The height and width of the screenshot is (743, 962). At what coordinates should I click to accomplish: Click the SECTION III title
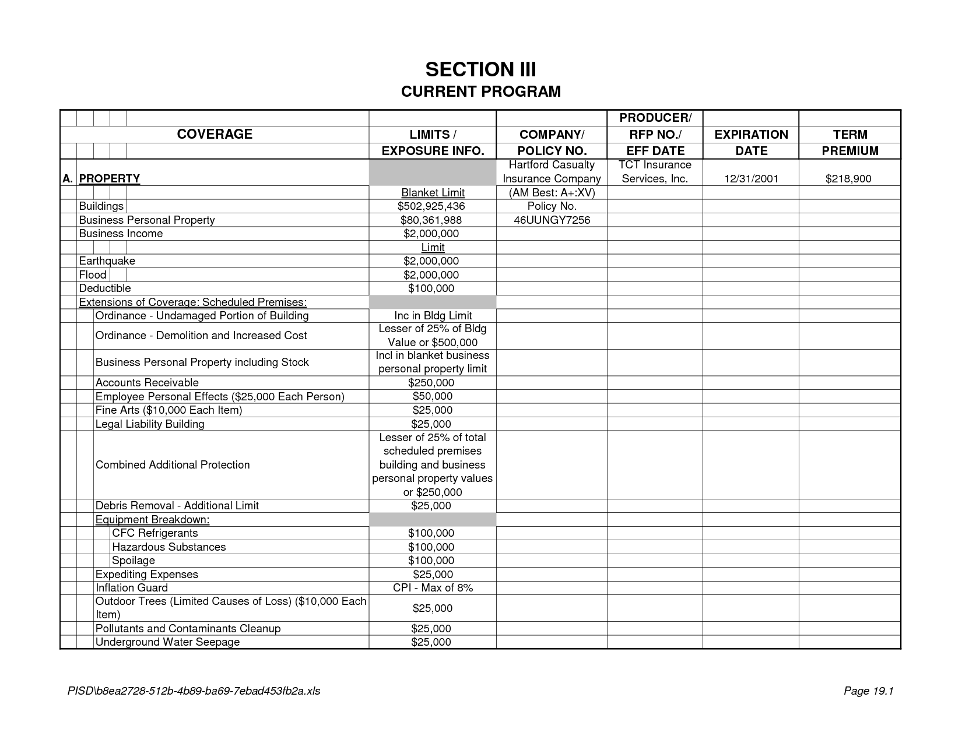coord(480,70)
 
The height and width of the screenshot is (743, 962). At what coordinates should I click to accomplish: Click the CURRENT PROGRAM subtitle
coord(480,91)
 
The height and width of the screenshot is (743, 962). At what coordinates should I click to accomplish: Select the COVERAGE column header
coord(215,134)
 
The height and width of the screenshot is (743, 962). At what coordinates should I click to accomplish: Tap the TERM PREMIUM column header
coord(849,142)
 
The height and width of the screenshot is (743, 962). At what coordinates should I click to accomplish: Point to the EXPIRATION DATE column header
coord(751,142)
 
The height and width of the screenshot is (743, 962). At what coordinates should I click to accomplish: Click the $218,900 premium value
coord(848,179)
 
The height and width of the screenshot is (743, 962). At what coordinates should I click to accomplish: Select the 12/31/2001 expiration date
coord(751,179)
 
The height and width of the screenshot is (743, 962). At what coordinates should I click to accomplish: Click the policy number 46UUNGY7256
coord(552,220)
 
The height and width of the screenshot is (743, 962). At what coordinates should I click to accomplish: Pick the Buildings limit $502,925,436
coord(431,206)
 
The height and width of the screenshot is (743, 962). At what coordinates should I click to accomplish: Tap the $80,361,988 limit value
coord(431,220)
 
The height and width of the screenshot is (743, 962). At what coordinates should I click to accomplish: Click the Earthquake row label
coord(107,261)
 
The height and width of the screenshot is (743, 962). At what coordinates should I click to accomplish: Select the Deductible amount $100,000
coord(431,288)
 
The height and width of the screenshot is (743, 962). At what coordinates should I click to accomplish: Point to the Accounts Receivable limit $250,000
coord(431,383)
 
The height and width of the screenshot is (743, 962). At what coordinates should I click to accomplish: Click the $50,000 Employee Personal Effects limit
coord(432,396)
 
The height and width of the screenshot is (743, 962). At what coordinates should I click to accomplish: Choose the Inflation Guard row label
coord(132,588)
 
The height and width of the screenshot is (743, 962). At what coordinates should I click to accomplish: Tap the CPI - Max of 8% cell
coord(433,588)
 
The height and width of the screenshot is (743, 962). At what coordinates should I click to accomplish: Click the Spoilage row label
coord(134,561)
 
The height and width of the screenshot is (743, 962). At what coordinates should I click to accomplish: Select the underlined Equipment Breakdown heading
coord(152,519)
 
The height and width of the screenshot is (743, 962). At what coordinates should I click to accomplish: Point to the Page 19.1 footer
coord(869,691)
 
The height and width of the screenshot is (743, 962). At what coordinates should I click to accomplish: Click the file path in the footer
coord(194,691)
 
